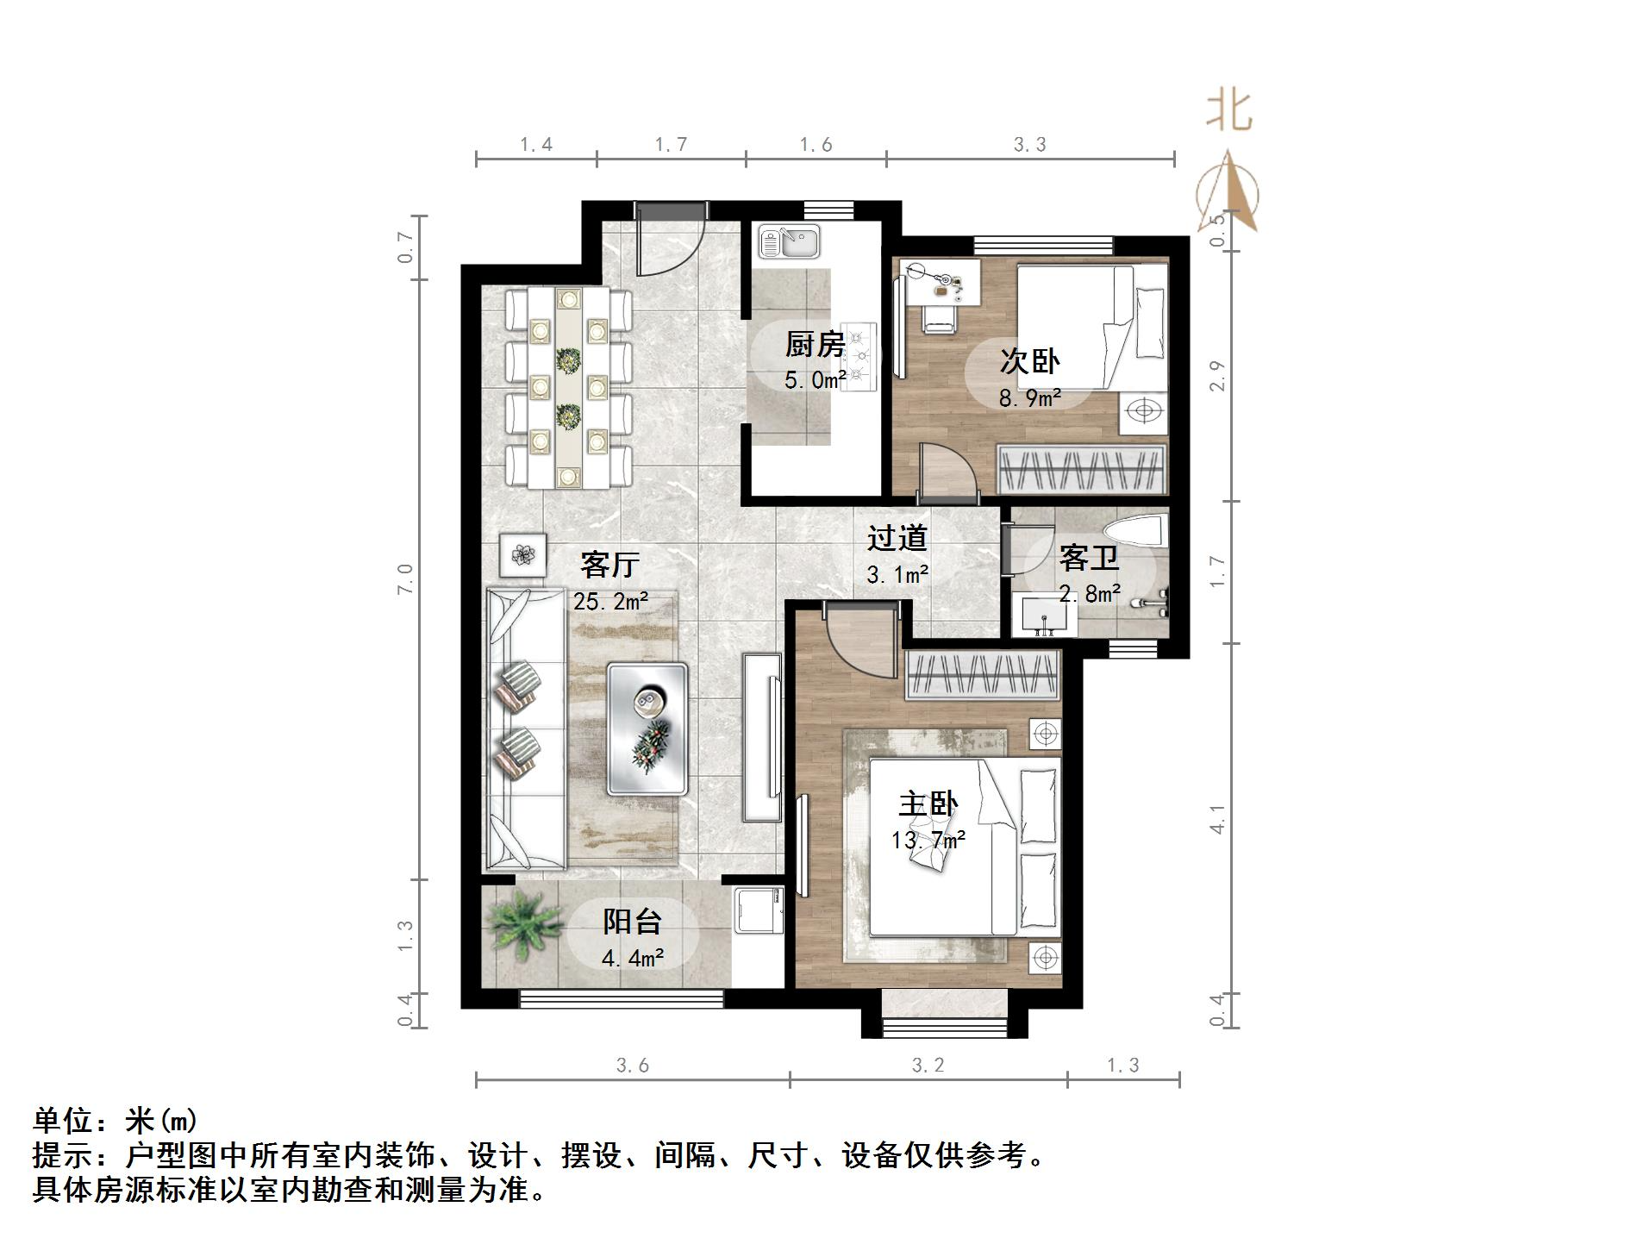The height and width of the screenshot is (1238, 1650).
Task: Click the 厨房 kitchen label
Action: click(814, 345)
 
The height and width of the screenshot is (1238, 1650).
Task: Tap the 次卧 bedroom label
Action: click(1029, 361)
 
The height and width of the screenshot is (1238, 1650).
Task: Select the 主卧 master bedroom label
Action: click(928, 804)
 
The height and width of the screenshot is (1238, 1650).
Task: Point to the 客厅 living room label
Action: click(609, 565)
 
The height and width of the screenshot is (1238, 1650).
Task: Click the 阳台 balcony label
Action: click(632, 922)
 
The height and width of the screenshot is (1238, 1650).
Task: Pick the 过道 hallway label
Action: click(897, 538)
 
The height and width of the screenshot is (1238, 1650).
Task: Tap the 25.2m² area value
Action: click(610, 601)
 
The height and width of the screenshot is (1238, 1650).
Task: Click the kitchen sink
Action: click(790, 241)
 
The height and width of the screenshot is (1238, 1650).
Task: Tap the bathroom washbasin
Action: click(1043, 615)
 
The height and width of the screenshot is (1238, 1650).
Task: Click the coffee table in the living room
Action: click(647, 728)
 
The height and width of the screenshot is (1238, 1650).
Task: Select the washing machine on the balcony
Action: click(758, 909)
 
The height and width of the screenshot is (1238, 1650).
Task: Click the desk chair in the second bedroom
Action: click(939, 318)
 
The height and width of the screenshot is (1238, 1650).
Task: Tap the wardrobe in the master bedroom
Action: click(981, 674)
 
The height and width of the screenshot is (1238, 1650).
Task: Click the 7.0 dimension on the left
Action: click(405, 578)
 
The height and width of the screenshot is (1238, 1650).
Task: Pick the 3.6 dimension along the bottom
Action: click(632, 1066)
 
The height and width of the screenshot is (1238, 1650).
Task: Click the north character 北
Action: click(1228, 112)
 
